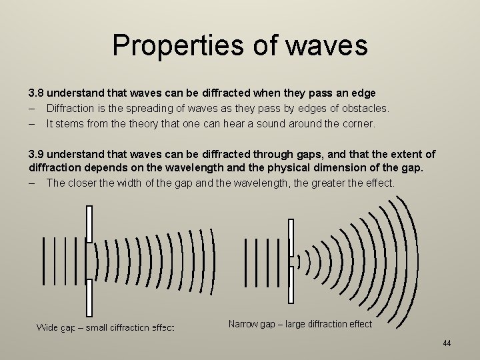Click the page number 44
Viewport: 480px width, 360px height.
(x=447, y=343)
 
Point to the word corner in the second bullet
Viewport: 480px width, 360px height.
(x=359, y=123)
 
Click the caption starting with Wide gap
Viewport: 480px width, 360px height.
(x=105, y=327)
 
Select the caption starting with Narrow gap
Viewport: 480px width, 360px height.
(x=300, y=324)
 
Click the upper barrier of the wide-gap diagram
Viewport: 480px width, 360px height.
(x=89, y=223)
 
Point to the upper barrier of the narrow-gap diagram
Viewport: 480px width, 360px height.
(x=290, y=237)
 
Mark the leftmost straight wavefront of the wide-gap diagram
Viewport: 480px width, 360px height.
(x=43, y=260)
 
